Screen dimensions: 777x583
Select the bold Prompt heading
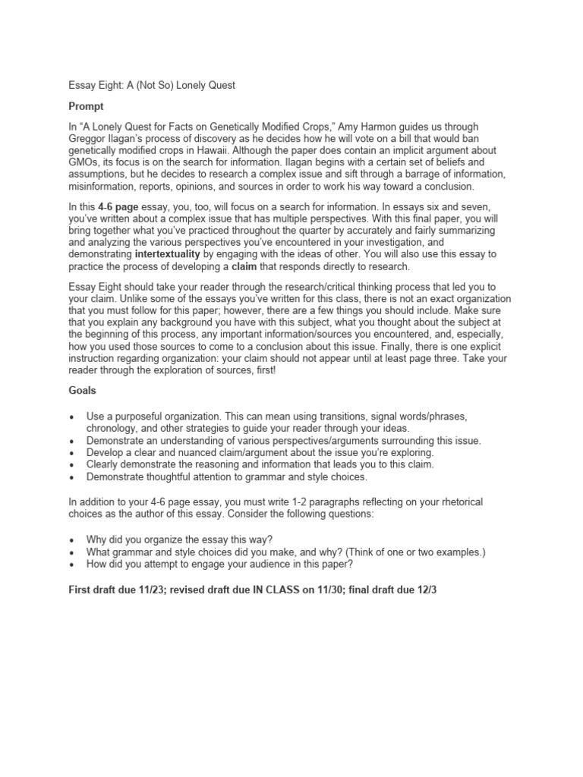86,106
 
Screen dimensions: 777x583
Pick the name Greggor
90,138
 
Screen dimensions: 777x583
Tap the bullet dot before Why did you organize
71,540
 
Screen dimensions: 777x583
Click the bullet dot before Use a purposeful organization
71,416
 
